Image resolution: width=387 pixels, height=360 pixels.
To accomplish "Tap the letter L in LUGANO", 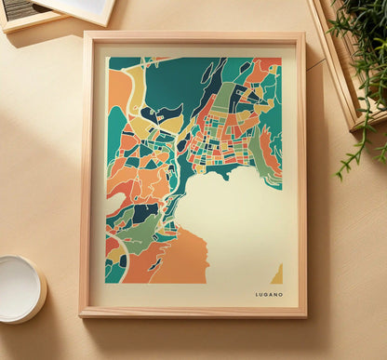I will click(258, 294).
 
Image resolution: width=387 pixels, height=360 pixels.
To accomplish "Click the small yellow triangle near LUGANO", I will click(276, 274).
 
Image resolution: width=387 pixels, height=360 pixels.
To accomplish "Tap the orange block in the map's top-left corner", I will click(119, 88).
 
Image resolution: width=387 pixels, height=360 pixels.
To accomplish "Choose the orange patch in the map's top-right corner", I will click(269, 67).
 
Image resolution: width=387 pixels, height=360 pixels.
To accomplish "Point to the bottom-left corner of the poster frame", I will click(82, 314).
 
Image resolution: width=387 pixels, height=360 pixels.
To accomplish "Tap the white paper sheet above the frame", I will click(79, 9).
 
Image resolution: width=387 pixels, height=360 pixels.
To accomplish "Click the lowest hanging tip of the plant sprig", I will click(339, 175).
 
